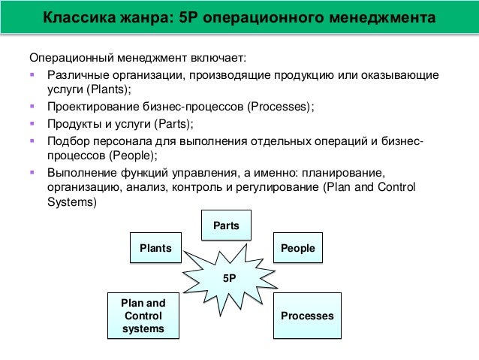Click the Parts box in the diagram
226,225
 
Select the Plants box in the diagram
155,248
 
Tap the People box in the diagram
297,248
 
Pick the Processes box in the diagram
307,316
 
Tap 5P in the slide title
191,17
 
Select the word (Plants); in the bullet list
107,90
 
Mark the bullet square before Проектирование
33,107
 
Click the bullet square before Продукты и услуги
33,123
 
